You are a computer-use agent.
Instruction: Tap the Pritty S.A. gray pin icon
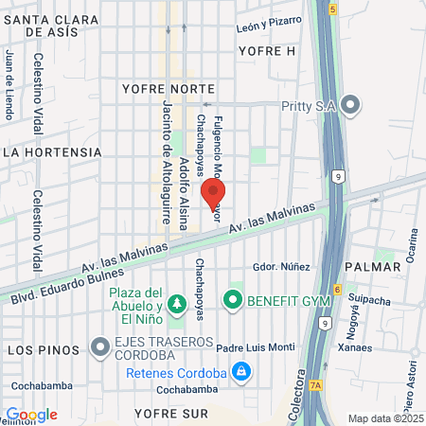tap(351, 105)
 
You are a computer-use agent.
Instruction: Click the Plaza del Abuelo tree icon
tap(176, 303)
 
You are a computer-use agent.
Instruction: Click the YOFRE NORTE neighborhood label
tap(161, 89)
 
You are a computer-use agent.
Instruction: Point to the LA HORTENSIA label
tap(52, 151)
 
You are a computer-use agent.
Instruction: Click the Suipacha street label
tap(368, 300)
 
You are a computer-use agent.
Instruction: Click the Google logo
tap(31, 415)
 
